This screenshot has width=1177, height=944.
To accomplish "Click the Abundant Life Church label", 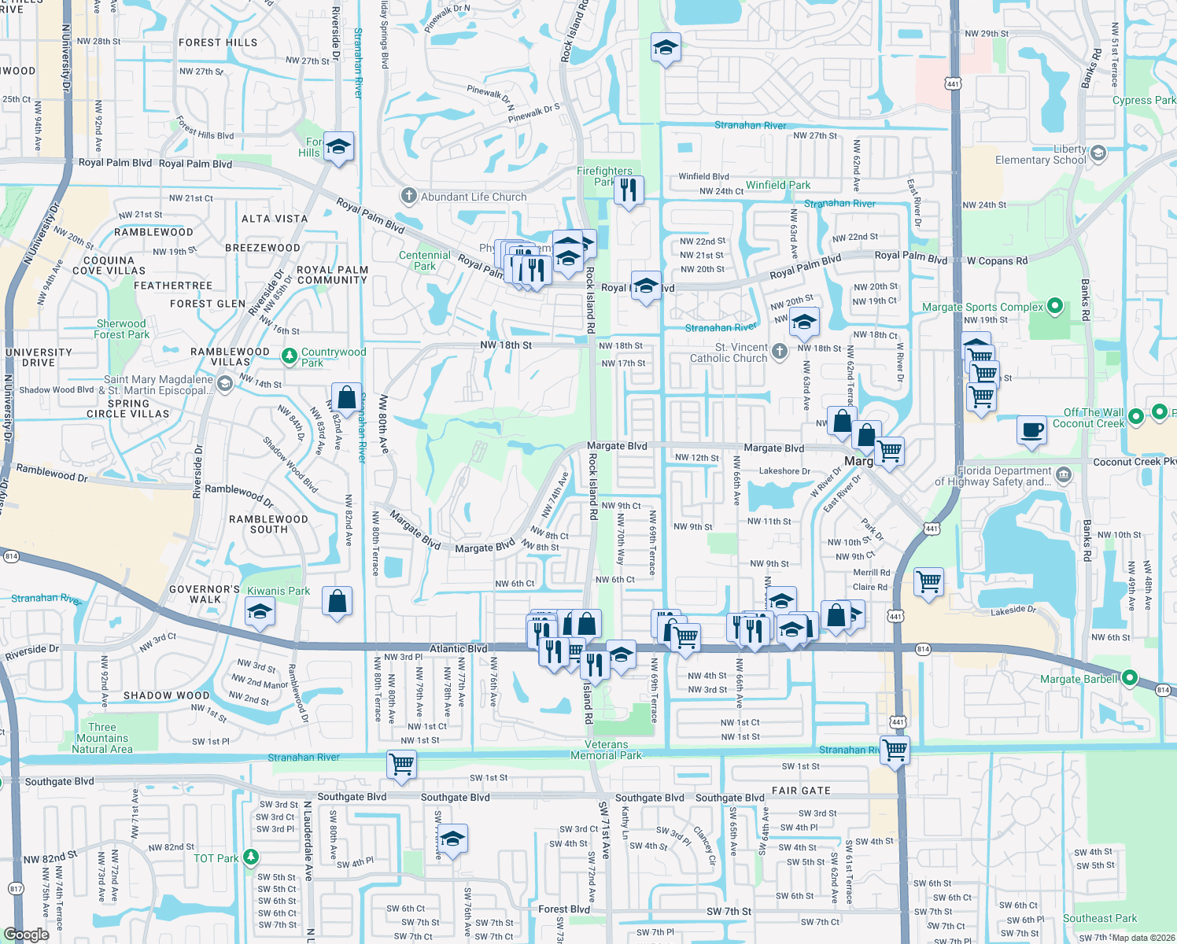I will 473,197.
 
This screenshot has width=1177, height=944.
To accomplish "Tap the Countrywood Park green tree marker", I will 290,356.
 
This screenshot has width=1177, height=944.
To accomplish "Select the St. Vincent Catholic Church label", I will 729,352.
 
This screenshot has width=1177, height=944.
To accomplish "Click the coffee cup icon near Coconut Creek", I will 1031,430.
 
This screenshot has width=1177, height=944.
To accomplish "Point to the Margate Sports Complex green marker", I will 1056,306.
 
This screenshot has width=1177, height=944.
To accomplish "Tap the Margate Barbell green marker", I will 1130,677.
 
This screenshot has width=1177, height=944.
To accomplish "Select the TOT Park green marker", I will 251,857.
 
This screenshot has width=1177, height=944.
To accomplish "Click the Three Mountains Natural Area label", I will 102,738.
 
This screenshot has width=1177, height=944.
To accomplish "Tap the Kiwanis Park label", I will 279,591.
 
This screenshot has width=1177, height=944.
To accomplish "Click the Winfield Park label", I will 777,185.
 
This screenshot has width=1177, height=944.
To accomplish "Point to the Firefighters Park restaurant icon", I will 628,190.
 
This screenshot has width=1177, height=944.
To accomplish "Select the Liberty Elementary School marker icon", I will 1099,153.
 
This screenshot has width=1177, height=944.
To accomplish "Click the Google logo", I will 26,934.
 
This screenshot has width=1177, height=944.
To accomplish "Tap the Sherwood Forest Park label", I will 121,329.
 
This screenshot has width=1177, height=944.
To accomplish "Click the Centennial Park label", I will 425,260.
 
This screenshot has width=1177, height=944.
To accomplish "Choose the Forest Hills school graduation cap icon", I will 338,146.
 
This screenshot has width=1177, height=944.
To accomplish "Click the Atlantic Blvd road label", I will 458,649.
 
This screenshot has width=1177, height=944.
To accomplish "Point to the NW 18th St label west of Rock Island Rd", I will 506,345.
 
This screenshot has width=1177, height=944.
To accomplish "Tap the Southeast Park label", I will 1100,918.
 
